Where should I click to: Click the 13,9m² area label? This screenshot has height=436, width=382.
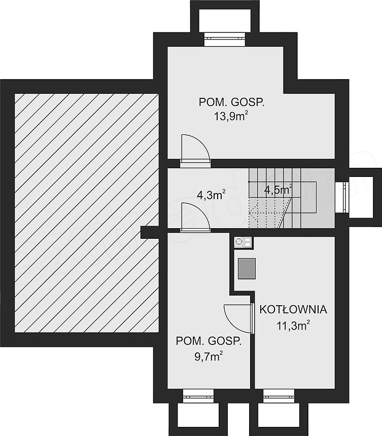coord(231,116)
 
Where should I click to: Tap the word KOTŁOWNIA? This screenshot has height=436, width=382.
coord(293,309)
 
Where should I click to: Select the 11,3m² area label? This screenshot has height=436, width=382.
coord(293,325)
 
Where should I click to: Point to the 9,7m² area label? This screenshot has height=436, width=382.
coord(209,356)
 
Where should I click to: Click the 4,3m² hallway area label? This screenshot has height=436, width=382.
coord(211,195)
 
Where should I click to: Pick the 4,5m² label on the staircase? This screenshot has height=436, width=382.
coord(278,190)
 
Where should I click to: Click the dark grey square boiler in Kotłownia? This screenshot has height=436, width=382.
coord(247,268)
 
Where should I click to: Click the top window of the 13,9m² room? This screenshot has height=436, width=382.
coord(225,39)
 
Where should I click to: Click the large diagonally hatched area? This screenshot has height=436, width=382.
coord(87,213)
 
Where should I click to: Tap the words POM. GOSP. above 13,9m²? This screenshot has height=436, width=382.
coord(231,102)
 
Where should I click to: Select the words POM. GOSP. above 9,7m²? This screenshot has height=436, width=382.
coord(209,341)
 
